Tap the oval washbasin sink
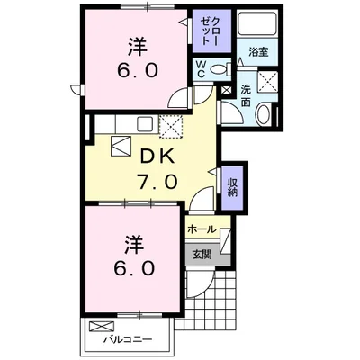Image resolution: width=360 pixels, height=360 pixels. click(x=260, y=114)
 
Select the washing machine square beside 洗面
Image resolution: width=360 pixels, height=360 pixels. click(x=265, y=82)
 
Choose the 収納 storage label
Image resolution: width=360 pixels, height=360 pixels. click(x=232, y=187)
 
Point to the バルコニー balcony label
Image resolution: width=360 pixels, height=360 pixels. click(x=127, y=340)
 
